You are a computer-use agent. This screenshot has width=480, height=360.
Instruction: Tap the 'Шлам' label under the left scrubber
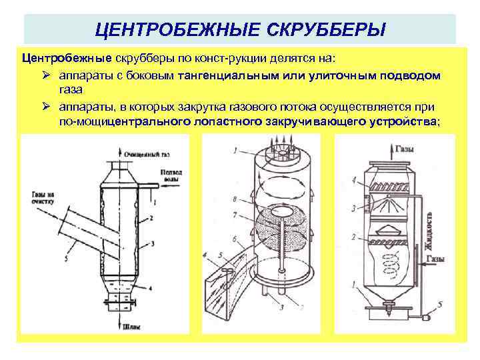[132, 327]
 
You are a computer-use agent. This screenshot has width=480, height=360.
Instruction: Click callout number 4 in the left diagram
[152, 287]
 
